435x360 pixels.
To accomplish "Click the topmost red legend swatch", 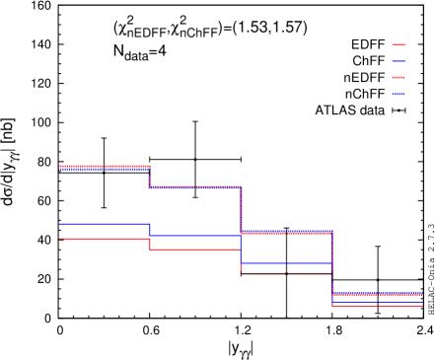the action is point(399,44).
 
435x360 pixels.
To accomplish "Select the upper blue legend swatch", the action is point(399,61).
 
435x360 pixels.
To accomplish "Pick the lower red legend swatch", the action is point(399,77).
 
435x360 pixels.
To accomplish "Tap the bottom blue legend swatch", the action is point(399,94).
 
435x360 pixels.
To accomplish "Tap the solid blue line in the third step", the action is point(286,263).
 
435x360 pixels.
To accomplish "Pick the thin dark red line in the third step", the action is point(286,274).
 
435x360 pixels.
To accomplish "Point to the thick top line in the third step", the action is point(286,233).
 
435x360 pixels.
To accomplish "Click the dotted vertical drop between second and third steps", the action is point(241,209).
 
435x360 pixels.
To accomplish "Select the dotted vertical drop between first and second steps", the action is point(149,178).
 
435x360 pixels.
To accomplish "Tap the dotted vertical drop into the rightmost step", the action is point(331,262).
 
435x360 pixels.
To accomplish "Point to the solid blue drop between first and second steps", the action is point(150,230).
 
